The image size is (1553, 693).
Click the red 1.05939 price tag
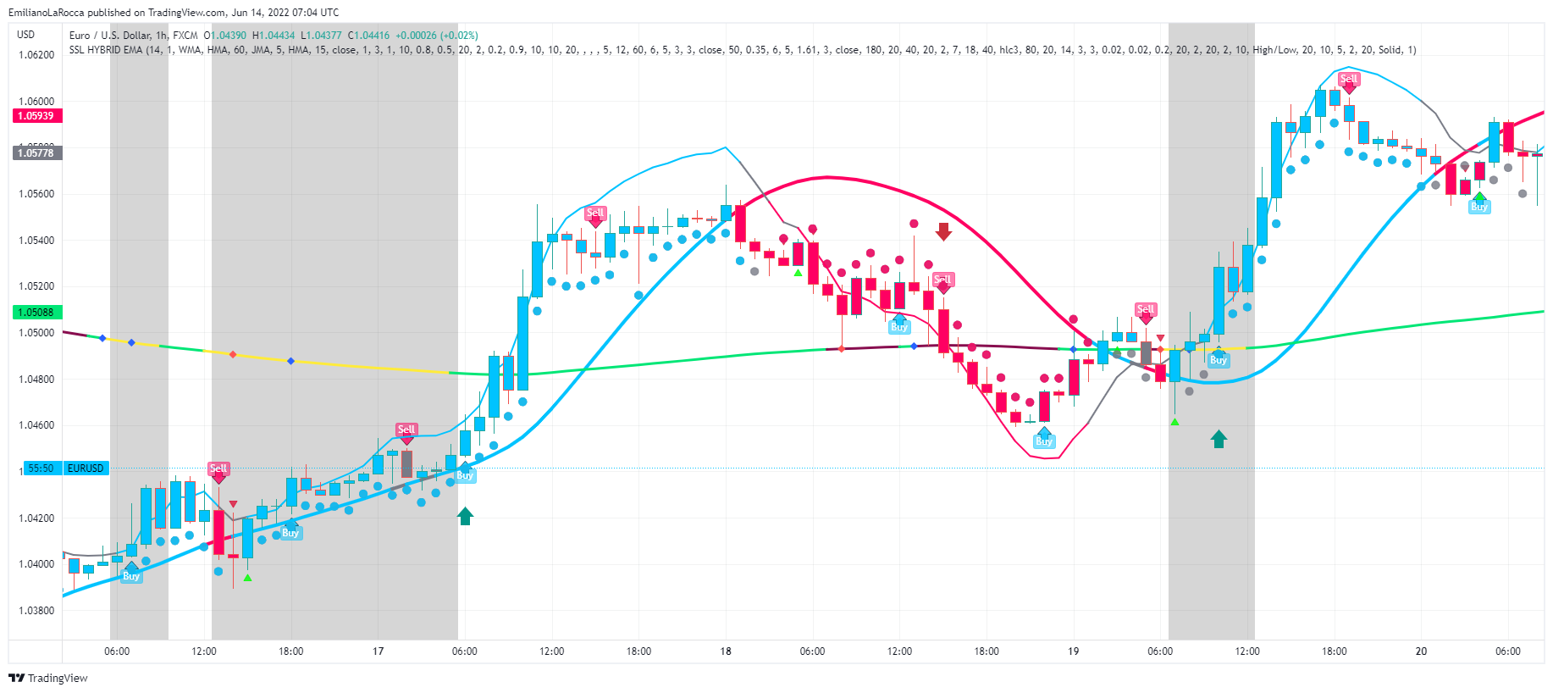[x=36, y=116]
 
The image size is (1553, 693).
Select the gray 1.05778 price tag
[x=36, y=153]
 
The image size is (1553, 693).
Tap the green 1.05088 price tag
[x=36, y=313]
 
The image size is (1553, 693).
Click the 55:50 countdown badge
[x=41, y=468]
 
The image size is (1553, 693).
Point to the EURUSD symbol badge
[x=86, y=468]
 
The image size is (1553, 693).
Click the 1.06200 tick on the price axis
[x=36, y=55]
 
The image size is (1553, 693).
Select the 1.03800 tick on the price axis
[x=36, y=611]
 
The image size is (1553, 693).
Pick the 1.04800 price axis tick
[x=36, y=380]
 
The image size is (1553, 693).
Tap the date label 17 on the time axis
[x=379, y=651]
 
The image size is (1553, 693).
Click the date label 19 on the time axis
[x=1074, y=651]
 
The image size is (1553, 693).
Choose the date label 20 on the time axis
[x=1421, y=651]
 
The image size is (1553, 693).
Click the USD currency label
[x=26, y=35]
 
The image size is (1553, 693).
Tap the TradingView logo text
[x=57, y=678]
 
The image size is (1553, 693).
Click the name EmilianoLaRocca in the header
[x=47, y=13]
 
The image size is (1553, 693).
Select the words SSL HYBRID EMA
[x=106, y=50]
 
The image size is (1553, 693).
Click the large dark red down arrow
[x=943, y=231]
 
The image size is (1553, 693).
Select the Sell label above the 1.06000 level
[x=1349, y=79]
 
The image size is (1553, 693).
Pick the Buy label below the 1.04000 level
[x=131, y=576]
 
